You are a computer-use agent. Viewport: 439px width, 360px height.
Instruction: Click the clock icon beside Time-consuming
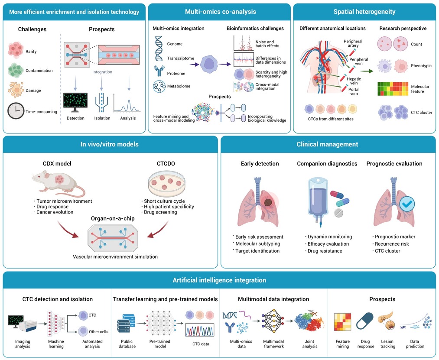[16, 111]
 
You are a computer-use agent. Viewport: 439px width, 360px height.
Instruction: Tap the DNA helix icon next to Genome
[159, 49]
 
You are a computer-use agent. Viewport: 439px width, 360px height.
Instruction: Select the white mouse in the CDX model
[58, 184]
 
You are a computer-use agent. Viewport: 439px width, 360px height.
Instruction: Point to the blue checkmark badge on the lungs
[407, 204]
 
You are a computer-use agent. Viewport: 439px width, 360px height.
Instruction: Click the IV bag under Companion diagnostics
[318, 201]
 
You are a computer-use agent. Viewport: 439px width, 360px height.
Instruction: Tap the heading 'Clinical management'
[327, 144]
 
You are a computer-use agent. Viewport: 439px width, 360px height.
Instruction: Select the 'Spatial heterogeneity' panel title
[364, 12]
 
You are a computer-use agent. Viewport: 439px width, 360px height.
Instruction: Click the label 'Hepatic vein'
[354, 81]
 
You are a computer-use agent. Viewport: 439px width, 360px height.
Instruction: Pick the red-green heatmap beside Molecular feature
[393, 89]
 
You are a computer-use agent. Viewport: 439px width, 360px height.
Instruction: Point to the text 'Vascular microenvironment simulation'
[115, 257]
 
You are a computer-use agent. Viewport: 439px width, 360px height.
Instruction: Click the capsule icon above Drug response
[365, 321]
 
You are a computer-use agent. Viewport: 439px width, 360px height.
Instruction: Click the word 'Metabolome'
[179, 86]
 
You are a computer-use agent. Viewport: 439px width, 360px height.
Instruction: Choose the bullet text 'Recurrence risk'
[392, 244]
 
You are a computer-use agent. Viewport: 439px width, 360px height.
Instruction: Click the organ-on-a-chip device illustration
[113, 238]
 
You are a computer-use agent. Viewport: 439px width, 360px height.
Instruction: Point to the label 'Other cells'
[98, 332]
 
